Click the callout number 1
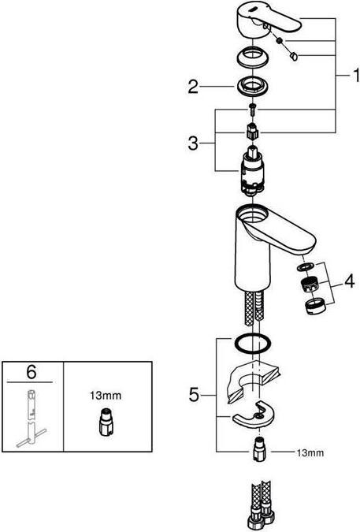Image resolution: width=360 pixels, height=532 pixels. tap(355, 76)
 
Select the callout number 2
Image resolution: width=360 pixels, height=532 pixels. tap(193, 87)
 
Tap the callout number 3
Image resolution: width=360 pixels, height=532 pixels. tap(193, 143)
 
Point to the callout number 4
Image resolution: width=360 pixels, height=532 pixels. tap(349, 281)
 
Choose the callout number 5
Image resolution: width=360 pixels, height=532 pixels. tap(194, 395)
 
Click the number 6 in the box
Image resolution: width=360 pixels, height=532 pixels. tap(32, 372)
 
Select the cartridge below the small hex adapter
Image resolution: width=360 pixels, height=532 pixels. tap(253, 171)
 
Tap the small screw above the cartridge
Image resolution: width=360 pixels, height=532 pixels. tap(253, 110)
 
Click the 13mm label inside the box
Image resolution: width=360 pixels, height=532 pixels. tap(106, 396)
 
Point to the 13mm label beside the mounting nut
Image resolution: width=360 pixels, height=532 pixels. tap(310, 452)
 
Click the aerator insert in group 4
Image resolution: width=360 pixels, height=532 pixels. tap(310, 284)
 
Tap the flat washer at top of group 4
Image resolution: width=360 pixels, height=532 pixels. tap(305, 266)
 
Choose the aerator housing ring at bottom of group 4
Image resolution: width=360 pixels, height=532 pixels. tap(316, 307)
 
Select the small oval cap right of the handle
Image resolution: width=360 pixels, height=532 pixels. tap(293, 56)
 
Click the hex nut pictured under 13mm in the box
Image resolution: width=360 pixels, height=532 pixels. tap(106, 422)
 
